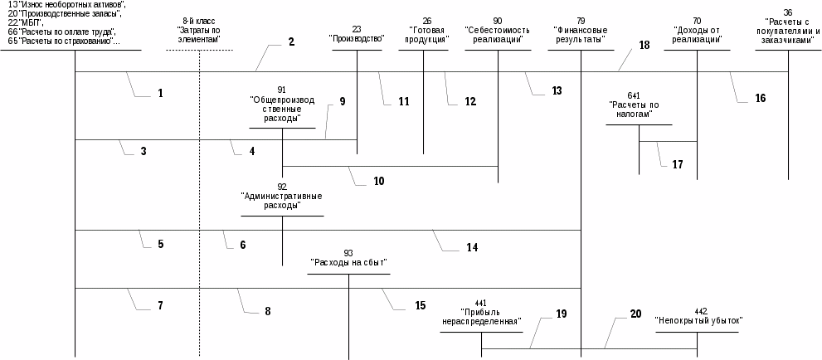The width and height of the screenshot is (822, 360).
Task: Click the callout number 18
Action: pyautogui.click(x=644, y=46)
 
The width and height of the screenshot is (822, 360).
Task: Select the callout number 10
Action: pyautogui.click(x=378, y=180)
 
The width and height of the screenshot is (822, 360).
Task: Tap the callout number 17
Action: pyautogui.click(x=678, y=164)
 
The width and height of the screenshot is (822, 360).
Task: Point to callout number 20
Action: pyautogui.click(x=635, y=314)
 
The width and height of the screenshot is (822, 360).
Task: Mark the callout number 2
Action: pyautogui.click(x=292, y=41)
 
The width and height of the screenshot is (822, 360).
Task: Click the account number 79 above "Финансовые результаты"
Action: pyautogui.click(x=581, y=19)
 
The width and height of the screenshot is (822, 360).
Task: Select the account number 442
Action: pyautogui.click(x=701, y=310)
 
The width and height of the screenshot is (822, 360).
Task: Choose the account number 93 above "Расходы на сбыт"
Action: pyautogui.click(x=348, y=251)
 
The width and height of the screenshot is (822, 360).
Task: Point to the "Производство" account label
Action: pyautogui.click(x=357, y=38)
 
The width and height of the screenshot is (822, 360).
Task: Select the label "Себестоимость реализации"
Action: pyautogui.click(x=498, y=33)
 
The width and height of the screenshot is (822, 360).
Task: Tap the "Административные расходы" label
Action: pyautogui.click(x=282, y=201)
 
